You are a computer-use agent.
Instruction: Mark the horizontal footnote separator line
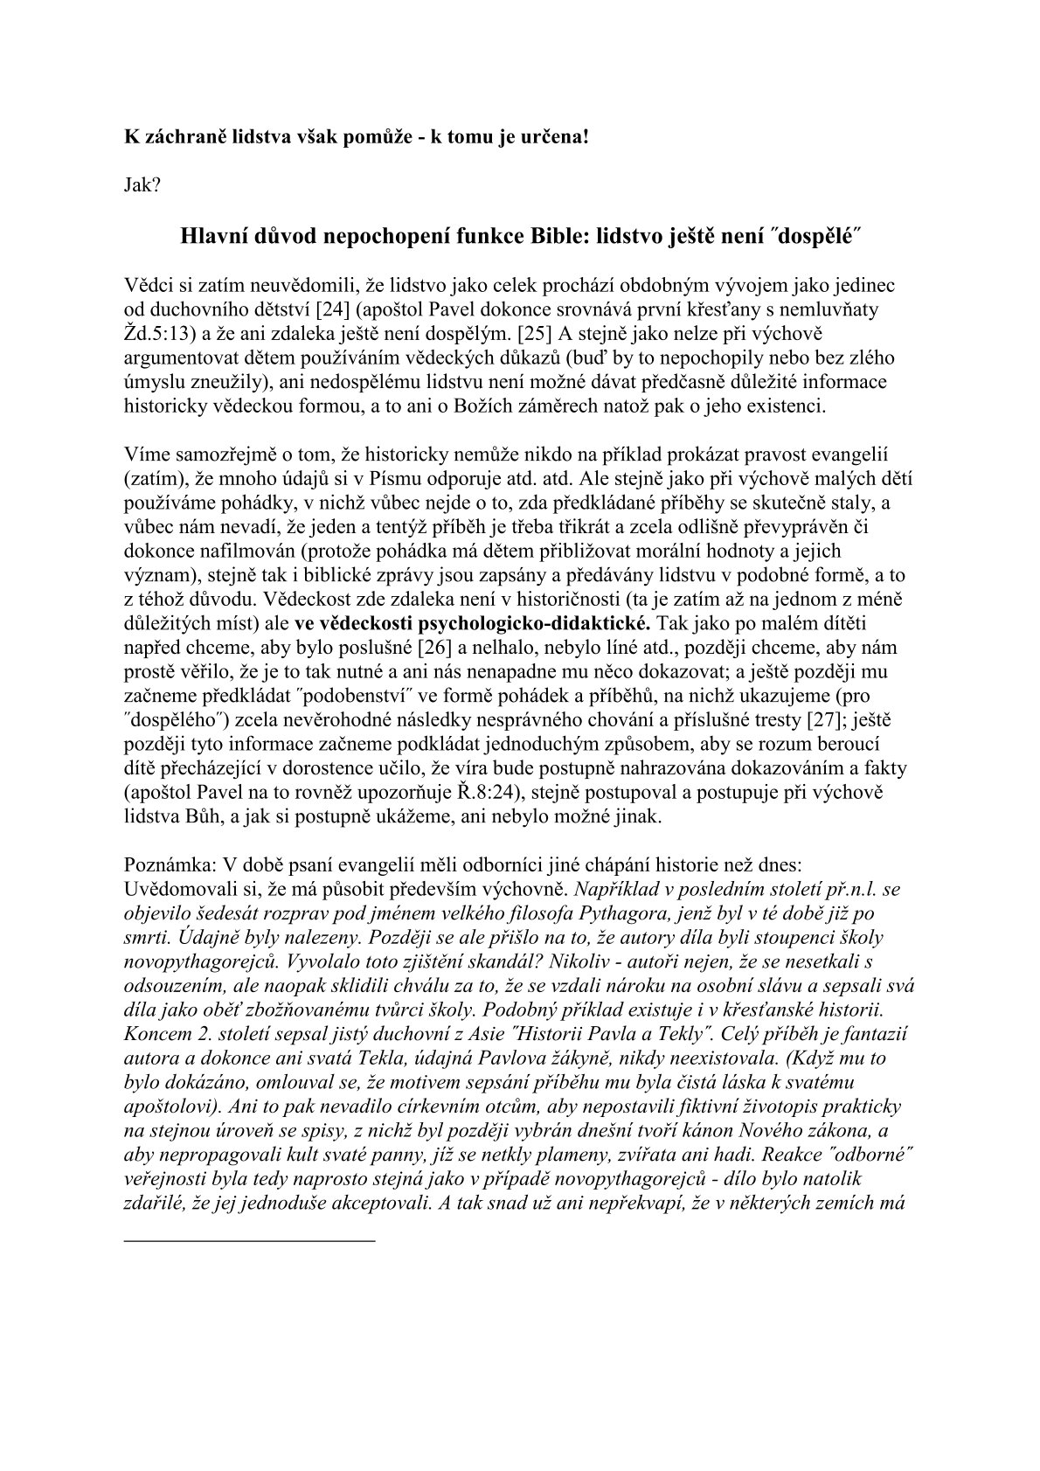coord(250,1240)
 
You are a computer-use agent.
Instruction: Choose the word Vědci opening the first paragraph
coord(148,286)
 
